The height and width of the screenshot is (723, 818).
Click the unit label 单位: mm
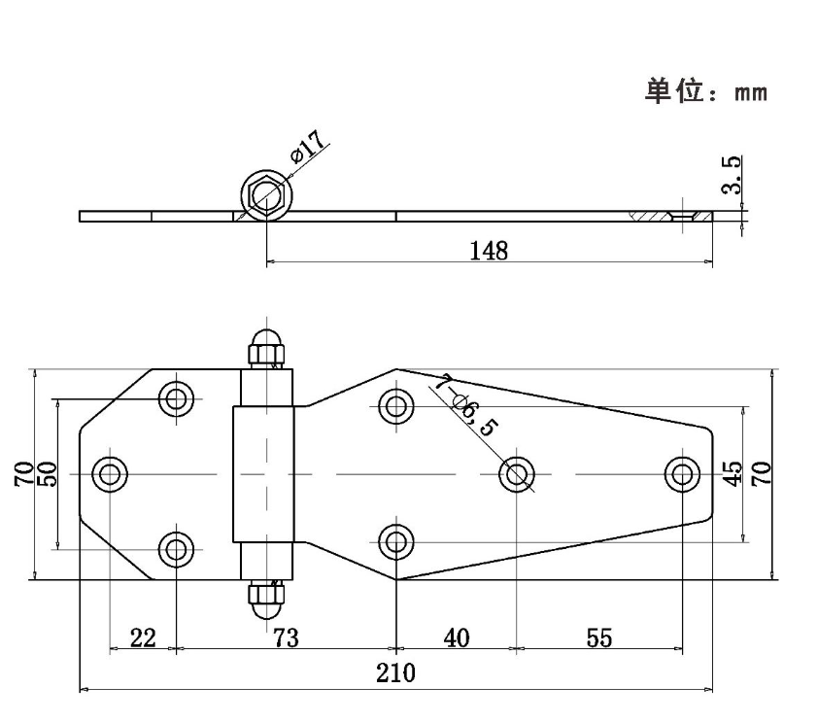coord(706,92)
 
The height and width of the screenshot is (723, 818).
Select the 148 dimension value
coord(489,251)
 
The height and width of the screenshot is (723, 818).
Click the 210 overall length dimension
coord(395,673)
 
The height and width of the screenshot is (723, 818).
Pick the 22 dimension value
coord(143,637)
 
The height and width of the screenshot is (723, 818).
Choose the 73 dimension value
coord(286,637)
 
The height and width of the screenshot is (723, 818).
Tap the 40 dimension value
coord(456,637)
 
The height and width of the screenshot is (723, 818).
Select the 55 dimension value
coord(599,637)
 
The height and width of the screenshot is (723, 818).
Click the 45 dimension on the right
coord(734,473)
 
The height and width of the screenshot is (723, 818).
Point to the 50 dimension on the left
coord(48,473)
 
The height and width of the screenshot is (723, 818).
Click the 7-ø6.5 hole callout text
coord(465,407)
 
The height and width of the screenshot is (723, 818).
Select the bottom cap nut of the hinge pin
coord(264,599)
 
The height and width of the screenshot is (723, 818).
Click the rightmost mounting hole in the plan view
coord(683,474)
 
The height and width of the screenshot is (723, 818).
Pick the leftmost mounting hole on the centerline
coord(110,474)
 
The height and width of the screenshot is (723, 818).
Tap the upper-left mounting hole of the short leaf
coord(177,398)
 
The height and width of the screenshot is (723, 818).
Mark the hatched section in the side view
coord(656,216)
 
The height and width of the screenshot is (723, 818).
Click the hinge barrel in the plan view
coord(263,474)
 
